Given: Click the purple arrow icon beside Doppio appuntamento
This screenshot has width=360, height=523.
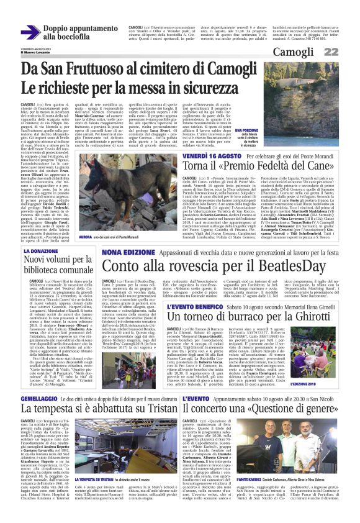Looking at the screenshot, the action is tap(30, 32).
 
